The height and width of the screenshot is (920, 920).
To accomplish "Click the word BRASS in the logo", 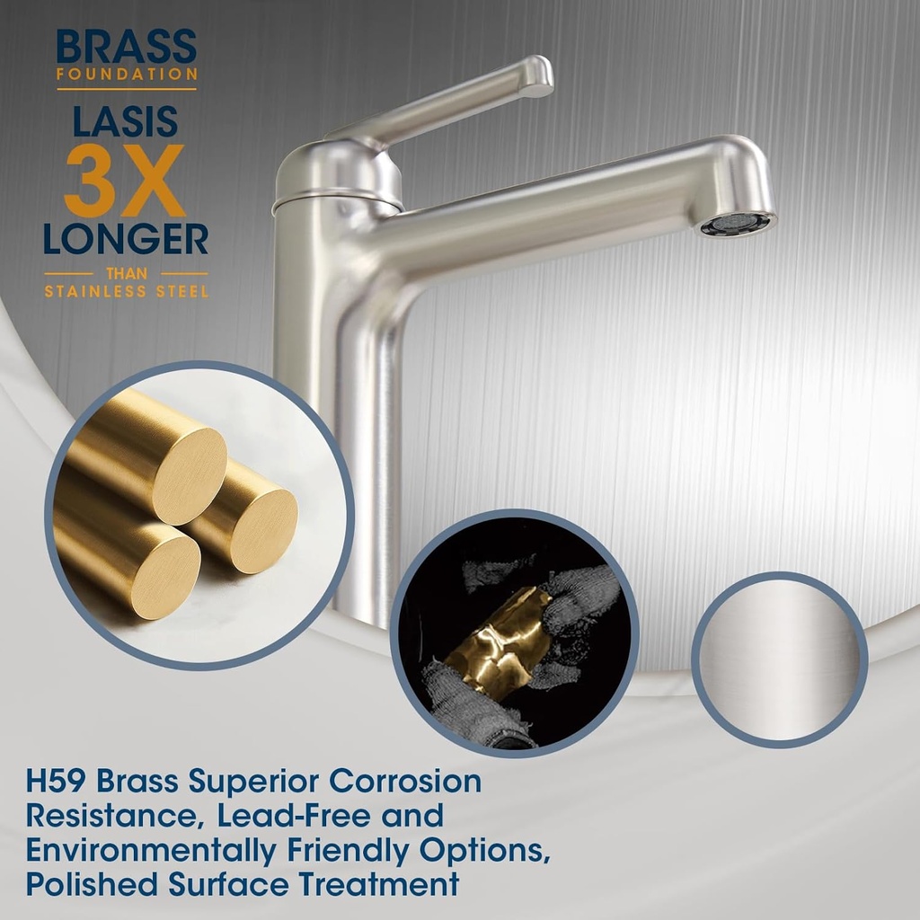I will coord(126,48).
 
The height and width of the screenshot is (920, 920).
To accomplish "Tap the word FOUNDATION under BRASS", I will coord(126,75).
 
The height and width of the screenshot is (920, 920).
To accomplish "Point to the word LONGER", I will coord(126,239).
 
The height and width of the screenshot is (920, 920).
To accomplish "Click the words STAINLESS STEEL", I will coord(126,291).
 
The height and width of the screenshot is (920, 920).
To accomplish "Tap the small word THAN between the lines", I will coord(126,273).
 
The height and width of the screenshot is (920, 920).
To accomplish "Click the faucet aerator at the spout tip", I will coord(738,225).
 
